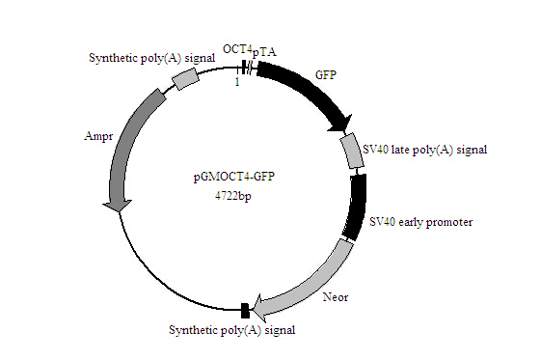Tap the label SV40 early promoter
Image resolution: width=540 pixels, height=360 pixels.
click(x=421, y=221)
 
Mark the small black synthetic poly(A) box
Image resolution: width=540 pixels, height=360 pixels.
click(x=244, y=310)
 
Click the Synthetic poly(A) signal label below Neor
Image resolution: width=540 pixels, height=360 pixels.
click(x=231, y=330)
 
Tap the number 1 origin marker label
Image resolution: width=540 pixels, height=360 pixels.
click(x=236, y=83)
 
